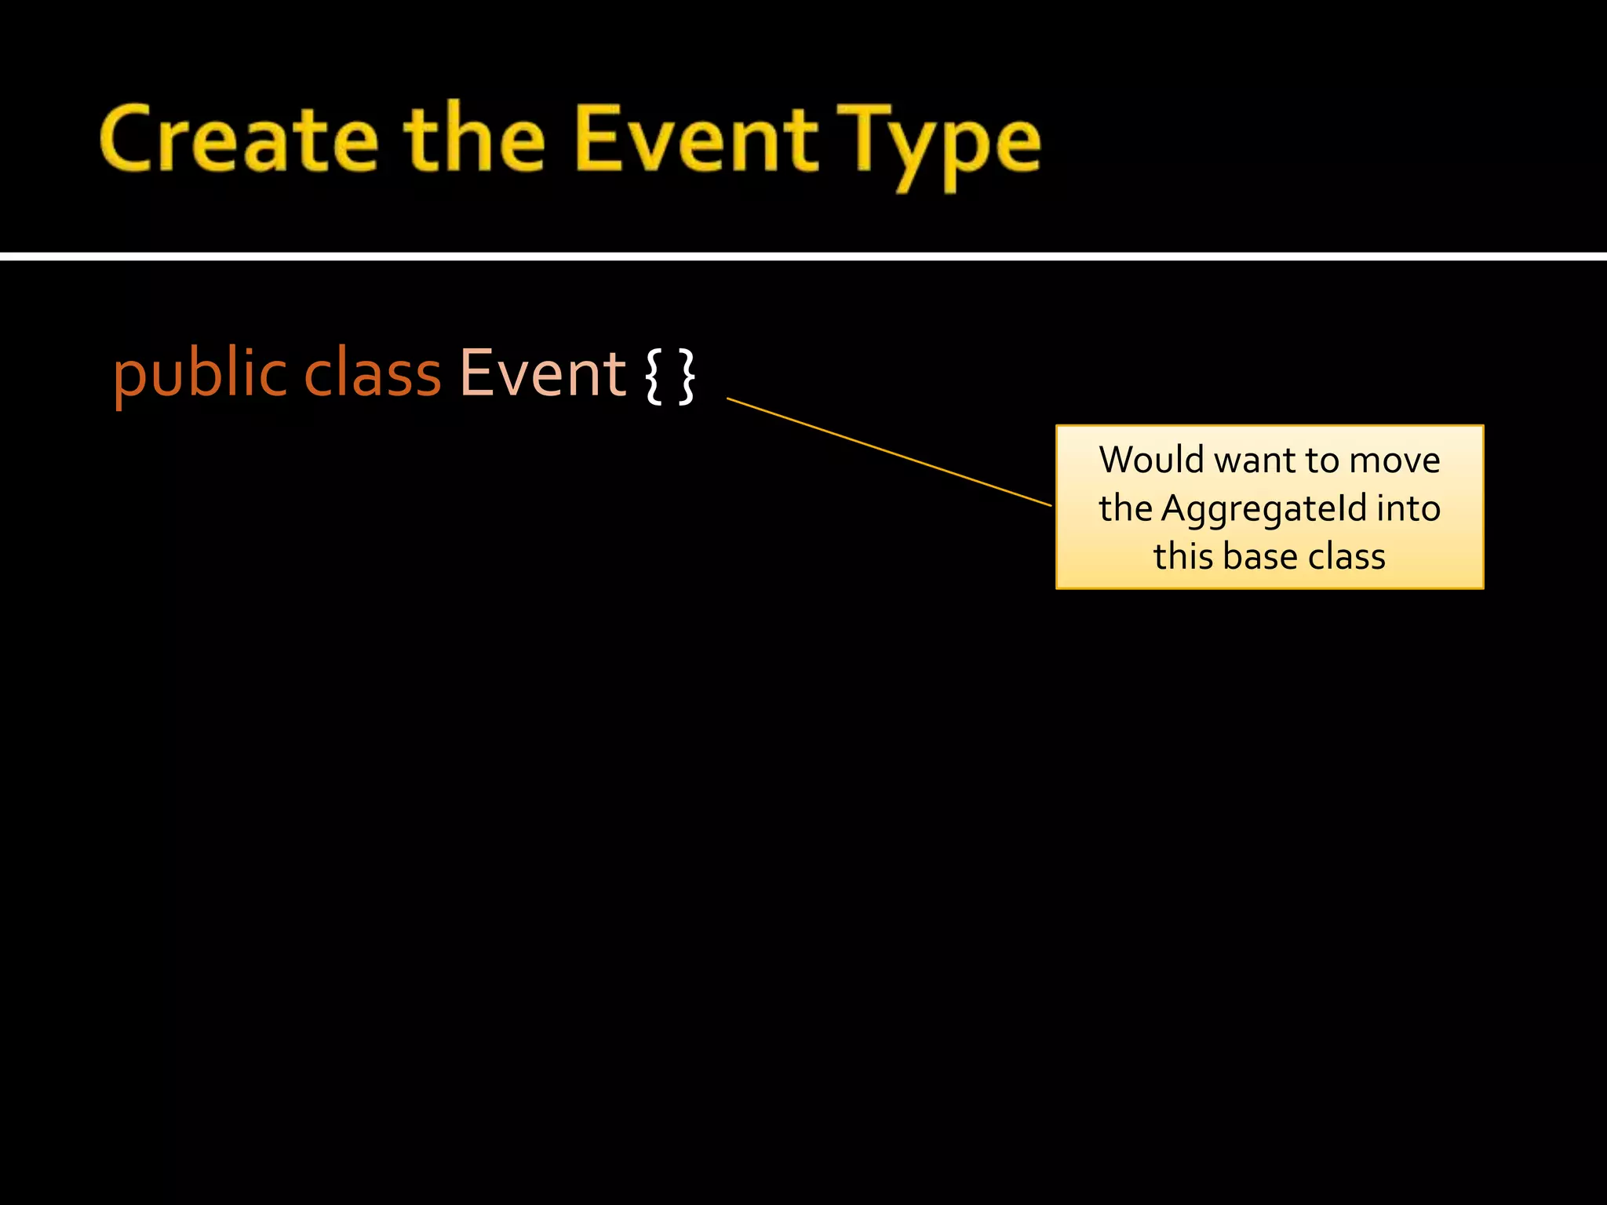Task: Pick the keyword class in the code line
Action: pos(373,375)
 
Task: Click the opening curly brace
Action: pos(653,377)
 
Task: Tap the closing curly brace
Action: pos(687,377)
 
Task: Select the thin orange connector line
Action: pos(889,452)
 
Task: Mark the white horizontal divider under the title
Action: pos(803,257)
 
